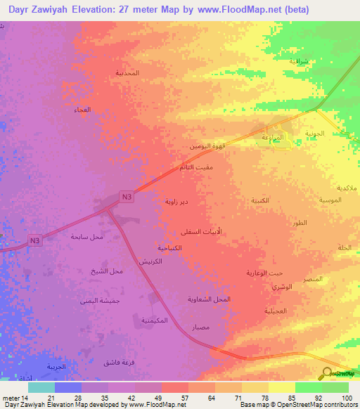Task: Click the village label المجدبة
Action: click(x=127, y=73)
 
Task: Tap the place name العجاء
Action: click(x=82, y=110)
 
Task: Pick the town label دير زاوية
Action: click(x=176, y=202)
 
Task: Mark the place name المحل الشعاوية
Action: click(x=210, y=299)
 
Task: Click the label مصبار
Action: click(x=200, y=327)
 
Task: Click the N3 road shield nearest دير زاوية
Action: click(x=126, y=197)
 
